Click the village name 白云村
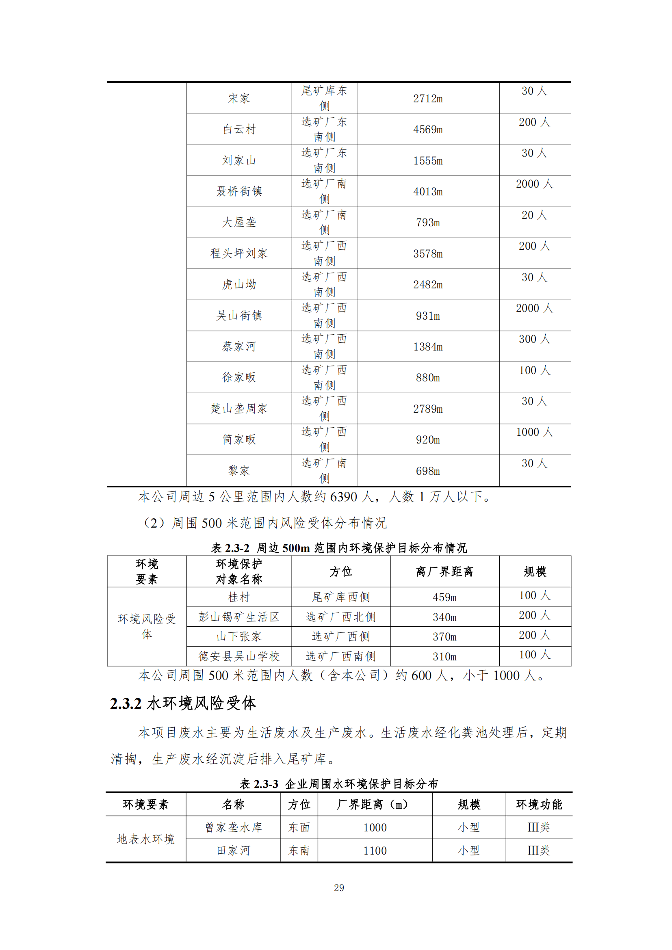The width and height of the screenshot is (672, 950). click(x=239, y=130)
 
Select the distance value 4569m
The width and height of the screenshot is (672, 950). click(x=427, y=130)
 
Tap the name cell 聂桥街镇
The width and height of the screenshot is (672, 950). click(x=239, y=191)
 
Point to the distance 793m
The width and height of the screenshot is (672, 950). click(x=427, y=223)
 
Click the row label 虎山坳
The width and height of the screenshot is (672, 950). click(x=239, y=285)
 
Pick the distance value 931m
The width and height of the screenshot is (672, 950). click(x=427, y=316)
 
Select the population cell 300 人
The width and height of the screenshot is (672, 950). click(x=534, y=339)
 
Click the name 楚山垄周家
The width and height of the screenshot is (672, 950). click(x=239, y=409)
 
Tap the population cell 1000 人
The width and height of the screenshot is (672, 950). click(x=534, y=433)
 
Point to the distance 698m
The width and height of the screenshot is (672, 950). click(x=427, y=471)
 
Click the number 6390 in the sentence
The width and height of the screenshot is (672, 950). click(x=343, y=496)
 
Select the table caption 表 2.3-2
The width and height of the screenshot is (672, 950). click(x=230, y=548)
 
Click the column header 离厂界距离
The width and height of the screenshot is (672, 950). click(x=444, y=572)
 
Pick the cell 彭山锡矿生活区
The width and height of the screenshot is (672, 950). click(x=239, y=617)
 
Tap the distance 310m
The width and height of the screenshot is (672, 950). click(x=444, y=657)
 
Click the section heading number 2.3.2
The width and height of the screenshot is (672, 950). click(x=126, y=703)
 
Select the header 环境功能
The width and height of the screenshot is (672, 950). click(x=539, y=804)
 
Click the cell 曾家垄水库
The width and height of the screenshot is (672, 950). click(x=233, y=827)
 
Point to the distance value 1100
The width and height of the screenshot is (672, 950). click(x=375, y=851)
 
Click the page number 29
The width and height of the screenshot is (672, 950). click(x=339, y=887)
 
